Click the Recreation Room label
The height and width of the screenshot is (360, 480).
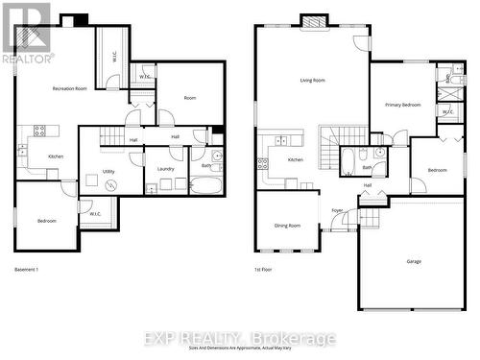pyautogui.click(x=70, y=88)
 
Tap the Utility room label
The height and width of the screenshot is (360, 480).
pyautogui.click(x=108, y=171)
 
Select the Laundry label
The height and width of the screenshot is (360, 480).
pyautogui.click(x=165, y=169)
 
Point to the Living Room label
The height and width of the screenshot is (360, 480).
pyautogui.click(x=312, y=81)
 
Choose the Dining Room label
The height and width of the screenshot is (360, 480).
pyautogui.click(x=288, y=226)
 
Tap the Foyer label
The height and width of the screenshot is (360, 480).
pyautogui.click(x=337, y=210)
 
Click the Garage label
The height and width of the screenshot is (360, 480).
pyautogui.click(x=414, y=261)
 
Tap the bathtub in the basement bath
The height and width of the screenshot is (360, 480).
pyautogui.click(x=204, y=183)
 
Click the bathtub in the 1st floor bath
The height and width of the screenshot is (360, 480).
pyautogui.click(x=347, y=160)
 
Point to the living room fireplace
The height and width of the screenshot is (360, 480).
pyautogui.click(x=314, y=20)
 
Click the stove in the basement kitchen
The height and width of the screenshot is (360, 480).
pyautogui.click(x=40, y=130)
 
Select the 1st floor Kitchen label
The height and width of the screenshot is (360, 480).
pyautogui.click(x=296, y=159)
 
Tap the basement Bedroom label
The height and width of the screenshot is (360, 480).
pyautogui.click(x=46, y=221)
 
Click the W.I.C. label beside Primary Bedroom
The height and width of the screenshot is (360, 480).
pyautogui.click(x=447, y=111)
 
